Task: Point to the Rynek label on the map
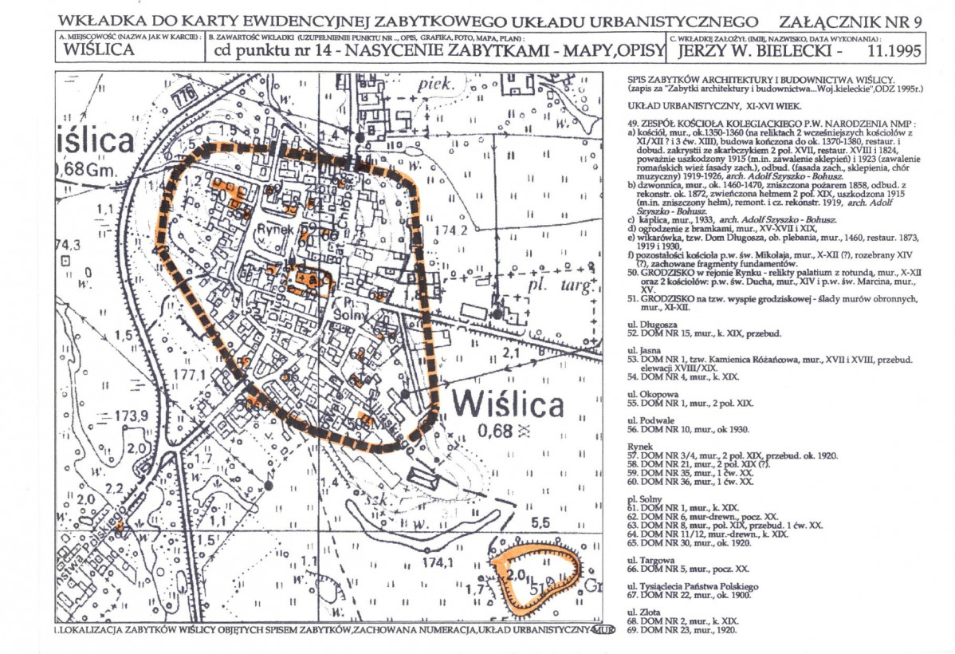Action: [x=276, y=229]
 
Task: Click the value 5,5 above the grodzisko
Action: [x=542, y=522]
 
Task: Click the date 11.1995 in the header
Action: [x=890, y=52]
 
